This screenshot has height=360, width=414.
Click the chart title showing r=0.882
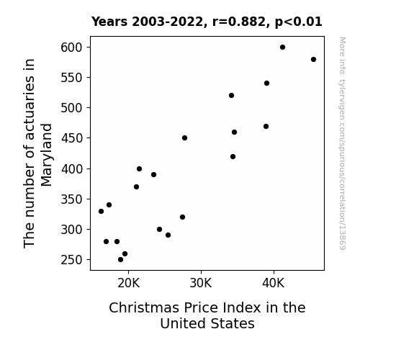point(207,22)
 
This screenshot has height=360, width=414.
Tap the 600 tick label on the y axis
point(71,48)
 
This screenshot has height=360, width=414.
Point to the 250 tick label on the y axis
point(71,260)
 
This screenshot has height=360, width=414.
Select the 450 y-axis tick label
point(71,138)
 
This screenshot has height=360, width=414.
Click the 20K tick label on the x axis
point(128,283)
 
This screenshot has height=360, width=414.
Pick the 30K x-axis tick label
point(201,283)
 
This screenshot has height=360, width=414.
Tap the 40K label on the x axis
point(274,283)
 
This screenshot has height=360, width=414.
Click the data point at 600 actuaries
point(282,48)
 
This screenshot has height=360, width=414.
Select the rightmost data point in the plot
point(313,60)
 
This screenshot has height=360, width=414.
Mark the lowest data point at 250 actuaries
point(120,260)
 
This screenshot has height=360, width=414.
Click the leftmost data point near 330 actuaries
point(101,211)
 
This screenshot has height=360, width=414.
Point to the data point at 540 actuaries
point(266,84)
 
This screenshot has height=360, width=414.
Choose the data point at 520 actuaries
point(231,95)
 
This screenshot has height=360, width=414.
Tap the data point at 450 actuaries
point(184,138)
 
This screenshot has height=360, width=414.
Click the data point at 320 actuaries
point(182,217)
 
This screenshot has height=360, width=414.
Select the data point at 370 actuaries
point(136,187)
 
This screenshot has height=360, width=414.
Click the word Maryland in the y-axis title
point(47,155)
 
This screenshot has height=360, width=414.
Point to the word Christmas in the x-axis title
point(144,307)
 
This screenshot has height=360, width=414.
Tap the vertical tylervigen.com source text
point(342,143)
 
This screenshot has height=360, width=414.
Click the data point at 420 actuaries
point(233,157)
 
